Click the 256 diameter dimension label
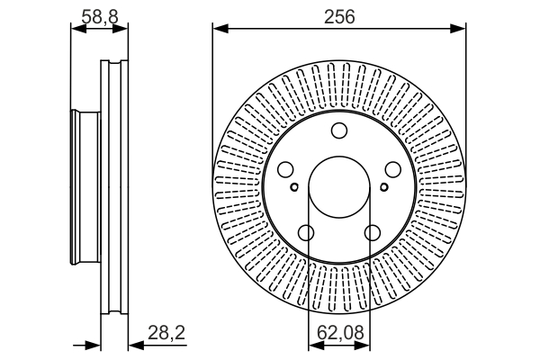[x=339, y=16]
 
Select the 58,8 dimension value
[x=100, y=16]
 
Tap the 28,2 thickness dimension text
[x=166, y=333]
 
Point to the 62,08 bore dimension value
[x=340, y=333]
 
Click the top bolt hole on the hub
[x=339, y=130]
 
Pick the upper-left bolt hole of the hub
[x=285, y=169]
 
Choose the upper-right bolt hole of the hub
[x=393, y=169]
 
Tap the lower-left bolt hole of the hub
[x=306, y=233]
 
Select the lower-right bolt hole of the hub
[x=373, y=233]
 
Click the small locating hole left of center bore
[x=294, y=187]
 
